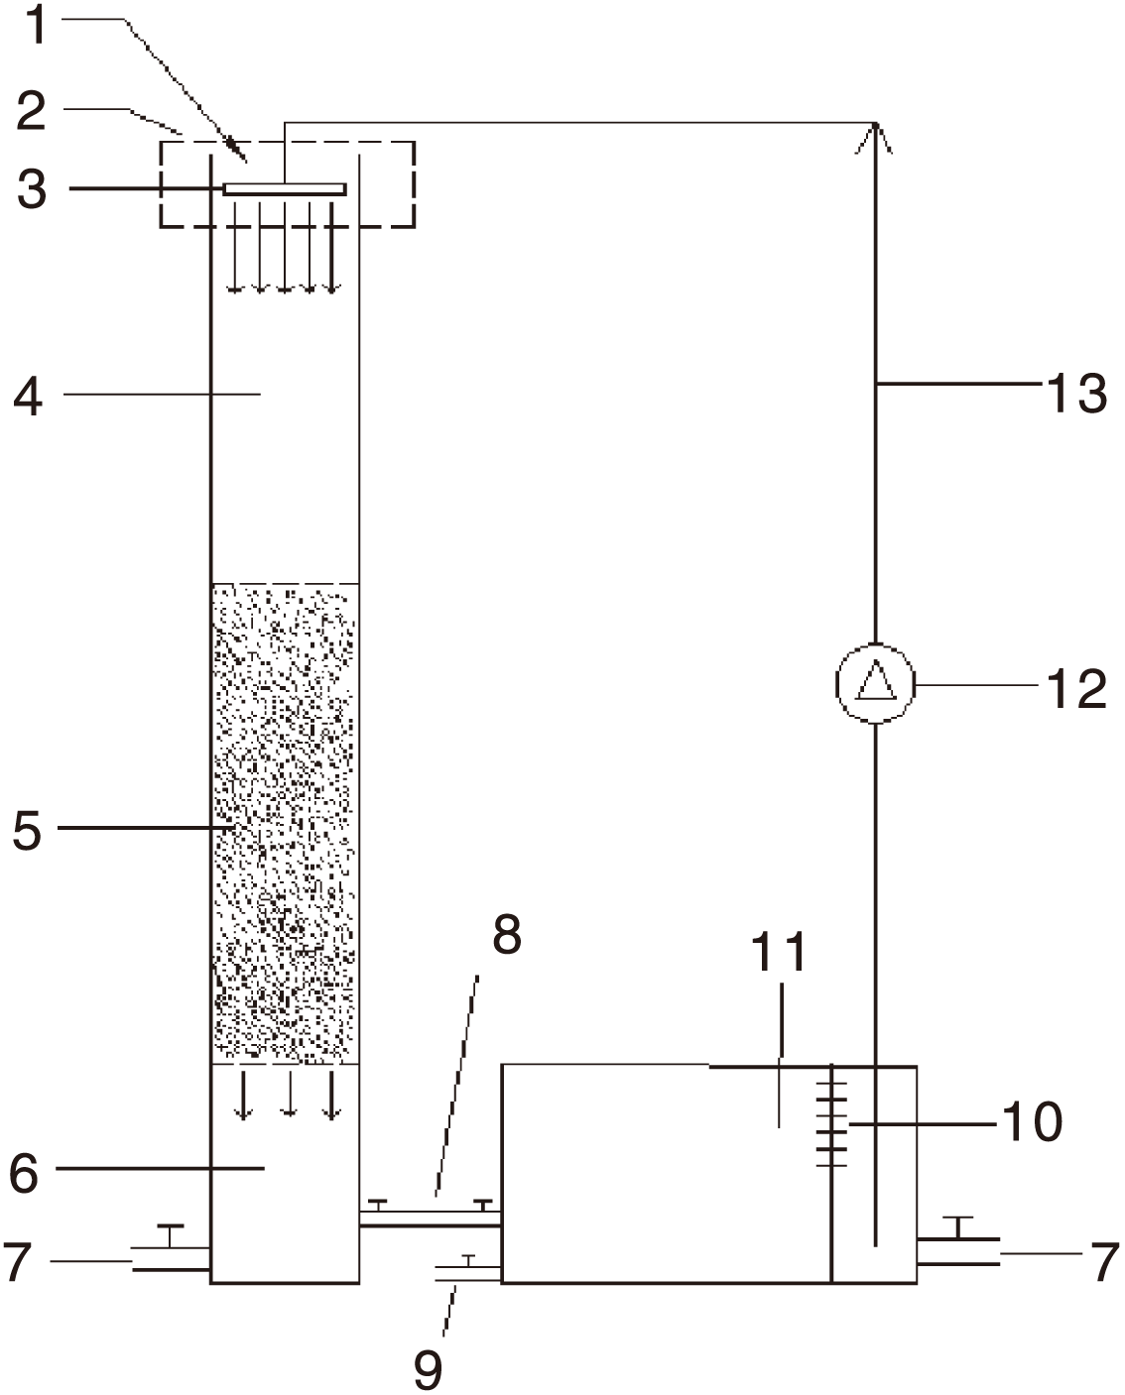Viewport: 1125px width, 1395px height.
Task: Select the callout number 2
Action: pyautogui.click(x=31, y=110)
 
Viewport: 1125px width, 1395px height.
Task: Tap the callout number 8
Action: pyautogui.click(x=507, y=934)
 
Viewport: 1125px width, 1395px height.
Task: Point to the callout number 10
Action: pyautogui.click(x=1032, y=1121)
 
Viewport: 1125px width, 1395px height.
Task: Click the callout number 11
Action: pyautogui.click(x=779, y=952)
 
